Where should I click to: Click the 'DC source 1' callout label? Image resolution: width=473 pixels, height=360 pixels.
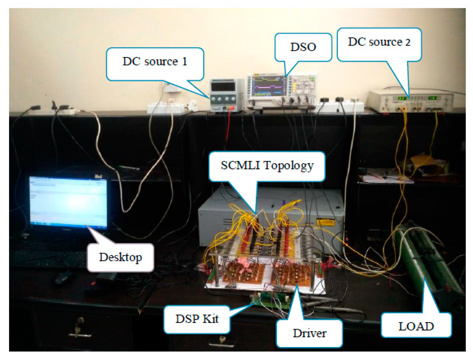click(x=155, y=62)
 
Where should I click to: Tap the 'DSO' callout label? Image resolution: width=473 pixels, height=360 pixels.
click(x=303, y=47)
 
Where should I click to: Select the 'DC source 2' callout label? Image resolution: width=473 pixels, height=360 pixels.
click(x=379, y=42)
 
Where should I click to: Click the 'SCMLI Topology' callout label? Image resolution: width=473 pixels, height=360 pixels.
click(x=267, y=165)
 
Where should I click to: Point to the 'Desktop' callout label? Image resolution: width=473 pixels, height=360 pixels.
click(x=120, y=257)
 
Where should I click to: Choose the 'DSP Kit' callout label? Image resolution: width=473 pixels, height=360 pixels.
click(x=197, y=319)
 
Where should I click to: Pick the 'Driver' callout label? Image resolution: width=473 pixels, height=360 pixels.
click(x=309, y=333)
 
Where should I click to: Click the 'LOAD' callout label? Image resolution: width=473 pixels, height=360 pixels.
click(x=416, y=326)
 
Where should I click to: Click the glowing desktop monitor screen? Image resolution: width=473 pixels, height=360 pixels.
click(x=68, y=201)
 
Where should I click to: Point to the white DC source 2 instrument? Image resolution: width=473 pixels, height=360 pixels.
click(x=410, y=101)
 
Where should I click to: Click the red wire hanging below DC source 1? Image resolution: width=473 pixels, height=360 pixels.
click(x=228, y=127)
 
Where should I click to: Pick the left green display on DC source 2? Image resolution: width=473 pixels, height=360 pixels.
click(x=402, y=98)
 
